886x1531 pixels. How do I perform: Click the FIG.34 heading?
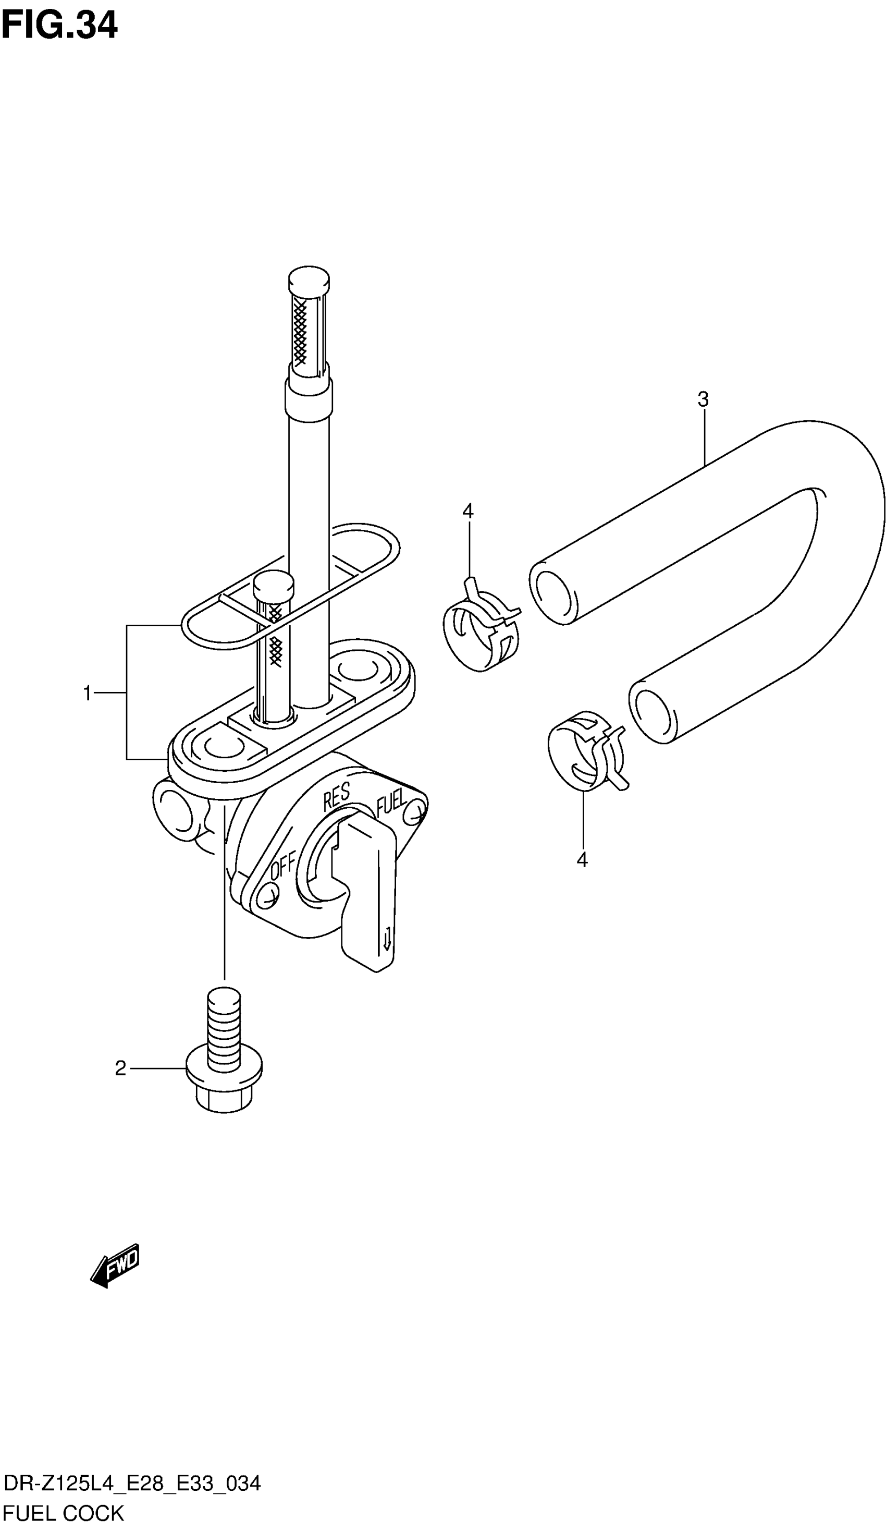(x=59, y=26)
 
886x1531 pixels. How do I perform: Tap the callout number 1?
(x=88, y=692)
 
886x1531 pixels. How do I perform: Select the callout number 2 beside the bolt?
(x=120, y=1085)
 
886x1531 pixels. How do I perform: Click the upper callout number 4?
(x=467, y=512)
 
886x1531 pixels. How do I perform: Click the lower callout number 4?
(x=582, y=860)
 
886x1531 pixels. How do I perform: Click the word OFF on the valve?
(x=283, y=865)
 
